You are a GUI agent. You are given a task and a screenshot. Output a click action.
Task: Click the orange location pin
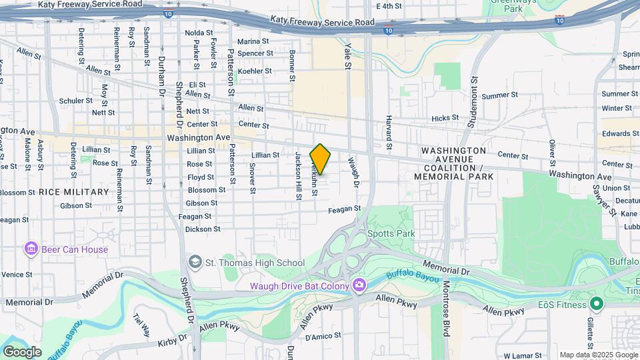[321, 159]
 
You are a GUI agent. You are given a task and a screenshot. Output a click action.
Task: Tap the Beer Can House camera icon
[30, 250]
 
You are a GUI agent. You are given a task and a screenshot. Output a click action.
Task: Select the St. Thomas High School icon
[195, 263]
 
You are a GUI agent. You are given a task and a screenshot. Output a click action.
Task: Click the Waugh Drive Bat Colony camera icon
[359, 285]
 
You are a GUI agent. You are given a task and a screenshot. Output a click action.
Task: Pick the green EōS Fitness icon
[597, 305]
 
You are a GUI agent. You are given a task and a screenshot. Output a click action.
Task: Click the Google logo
[22, 351]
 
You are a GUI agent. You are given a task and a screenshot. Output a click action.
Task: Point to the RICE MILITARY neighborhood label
[73, 192]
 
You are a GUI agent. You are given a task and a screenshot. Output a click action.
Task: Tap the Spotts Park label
[391, 233]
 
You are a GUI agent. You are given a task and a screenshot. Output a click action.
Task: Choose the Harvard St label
[388, 131]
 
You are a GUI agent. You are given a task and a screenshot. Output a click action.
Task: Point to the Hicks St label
[445, 118]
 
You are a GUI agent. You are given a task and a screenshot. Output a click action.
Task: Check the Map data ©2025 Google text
[599, 355]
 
